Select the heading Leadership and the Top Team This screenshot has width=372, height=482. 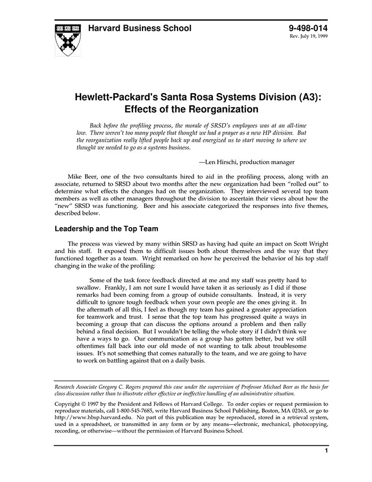coord(106,229)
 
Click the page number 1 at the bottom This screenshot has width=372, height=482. coord(326,451)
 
